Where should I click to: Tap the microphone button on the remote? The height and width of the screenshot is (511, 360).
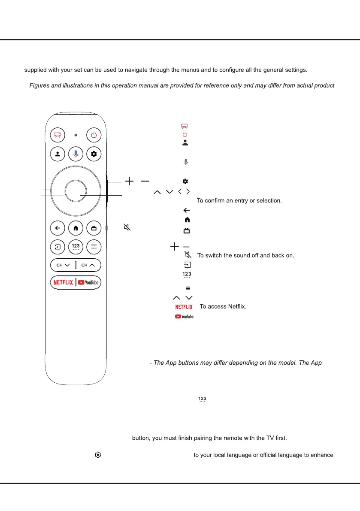[x=76, y=154]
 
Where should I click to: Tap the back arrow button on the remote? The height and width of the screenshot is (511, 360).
[x=57, y=228]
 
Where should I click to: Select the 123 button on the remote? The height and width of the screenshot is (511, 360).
[x=76, y=247]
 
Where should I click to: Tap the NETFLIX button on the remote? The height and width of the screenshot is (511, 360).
[x=63, y=282]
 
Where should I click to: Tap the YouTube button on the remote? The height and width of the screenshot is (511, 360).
[x=88, y=282]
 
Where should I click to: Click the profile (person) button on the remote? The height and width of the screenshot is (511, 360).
[x=57, y=154]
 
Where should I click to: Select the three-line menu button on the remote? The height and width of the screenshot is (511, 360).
[x=94, y=247]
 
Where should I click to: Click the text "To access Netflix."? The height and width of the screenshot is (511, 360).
[x=223, y=307]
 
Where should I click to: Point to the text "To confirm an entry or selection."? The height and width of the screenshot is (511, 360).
[x=239, y=200]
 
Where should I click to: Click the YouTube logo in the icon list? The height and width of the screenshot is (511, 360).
[x=184, y=317]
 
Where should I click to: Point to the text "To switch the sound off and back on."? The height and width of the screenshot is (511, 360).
[x=245, y=255]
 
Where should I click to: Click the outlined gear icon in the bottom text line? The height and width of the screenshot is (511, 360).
[x=98, y=455]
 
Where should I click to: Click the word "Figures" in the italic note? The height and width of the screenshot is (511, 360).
[x=39, y=85]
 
